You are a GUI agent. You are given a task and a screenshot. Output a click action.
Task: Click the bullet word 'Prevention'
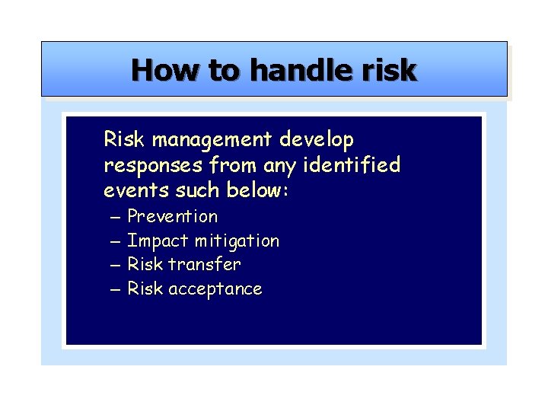click(172, 217)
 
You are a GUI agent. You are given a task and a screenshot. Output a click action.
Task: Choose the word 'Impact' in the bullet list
click(158, 241)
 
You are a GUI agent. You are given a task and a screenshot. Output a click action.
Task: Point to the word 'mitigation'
click(237, 241)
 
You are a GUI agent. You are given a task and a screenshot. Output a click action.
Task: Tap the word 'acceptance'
click(215, 289)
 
